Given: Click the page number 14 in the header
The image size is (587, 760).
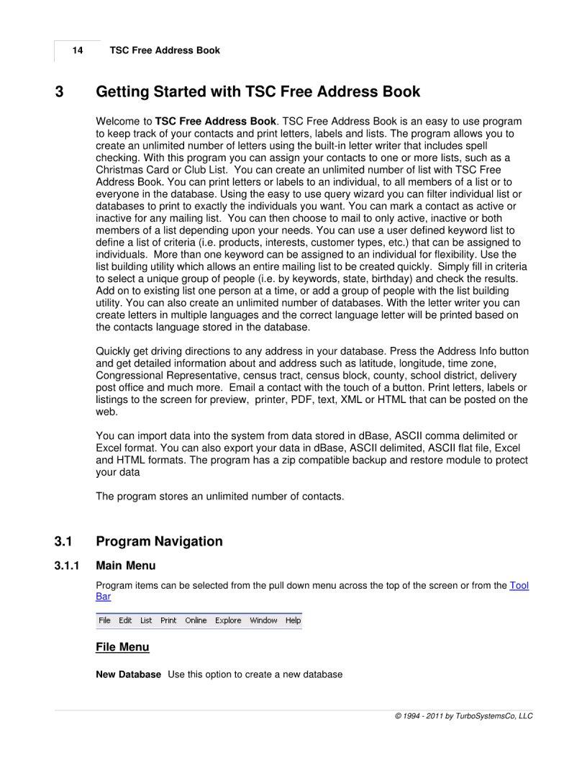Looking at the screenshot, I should pyautogui.click(x=77, y=50).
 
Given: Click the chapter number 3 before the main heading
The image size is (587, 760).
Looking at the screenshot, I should pyautogui.click(x=60, y=92).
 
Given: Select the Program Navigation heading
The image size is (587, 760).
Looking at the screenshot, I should pyautogui.click(x=159, y=541).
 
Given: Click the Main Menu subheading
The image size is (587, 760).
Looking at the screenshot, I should pyautogui.click(x=125, y=566).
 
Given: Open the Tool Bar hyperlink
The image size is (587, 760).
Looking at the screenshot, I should pyautogui.click(x=519, y=585).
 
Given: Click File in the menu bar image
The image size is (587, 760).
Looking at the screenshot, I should pyautogui.click(x=105, y=620).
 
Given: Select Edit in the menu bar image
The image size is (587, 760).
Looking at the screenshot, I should pyautogui.click(x=125, y=620).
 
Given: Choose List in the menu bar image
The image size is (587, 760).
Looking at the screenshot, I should pyautogui.click(x=146, y=620).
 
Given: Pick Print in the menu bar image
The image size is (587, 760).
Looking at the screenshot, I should pyautogui.click(x=168, y=620).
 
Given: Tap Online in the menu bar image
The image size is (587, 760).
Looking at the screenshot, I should pyautogui.click(x=196, y=620).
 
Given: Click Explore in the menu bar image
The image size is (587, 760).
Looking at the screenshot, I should pyautogui.click(x=228, y=620).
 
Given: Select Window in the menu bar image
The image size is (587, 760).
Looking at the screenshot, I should pyautogui.click(x=263, y=620).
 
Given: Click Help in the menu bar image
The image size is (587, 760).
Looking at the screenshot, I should pyautogui.click(x=293, y=620).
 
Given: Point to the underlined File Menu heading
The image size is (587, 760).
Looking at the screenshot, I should pyautogui.click(x=122, y=647).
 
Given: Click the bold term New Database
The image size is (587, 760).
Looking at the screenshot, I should pyautogui.click(x=128, y=674).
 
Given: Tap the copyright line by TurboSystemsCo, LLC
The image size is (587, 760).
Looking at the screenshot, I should pyautogui.click(x=463, y=716).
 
